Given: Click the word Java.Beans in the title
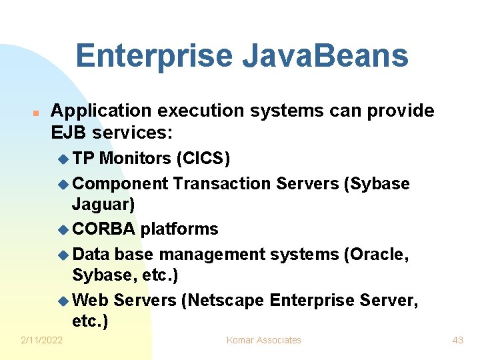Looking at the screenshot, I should [x=325, y=56].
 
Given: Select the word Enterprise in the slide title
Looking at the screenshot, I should [x=154, y=56].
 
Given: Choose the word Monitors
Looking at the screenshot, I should [x=135, y=158].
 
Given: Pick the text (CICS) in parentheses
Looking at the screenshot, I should [x=203, y=158].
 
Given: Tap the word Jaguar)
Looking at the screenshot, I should [x=103, y=203].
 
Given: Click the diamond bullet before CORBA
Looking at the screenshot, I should [x=63, y=230].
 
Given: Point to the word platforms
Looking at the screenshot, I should [x=179, y=229].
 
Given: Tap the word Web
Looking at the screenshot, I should [x=91, y=301].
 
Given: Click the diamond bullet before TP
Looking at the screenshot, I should [x=63, y=159].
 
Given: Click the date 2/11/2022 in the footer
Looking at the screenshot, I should [x=41, y=340].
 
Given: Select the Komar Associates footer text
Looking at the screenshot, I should [x=263, y=340].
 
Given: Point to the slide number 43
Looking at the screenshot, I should [x=457, y=340].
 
